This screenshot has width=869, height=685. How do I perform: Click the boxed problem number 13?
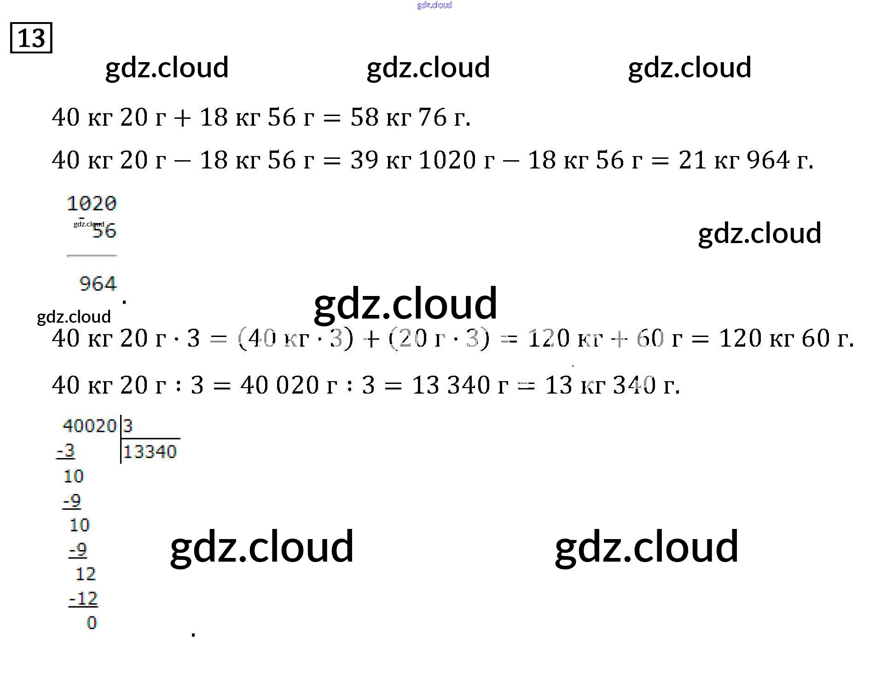point(31,38)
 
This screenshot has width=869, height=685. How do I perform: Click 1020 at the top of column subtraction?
point(92,203)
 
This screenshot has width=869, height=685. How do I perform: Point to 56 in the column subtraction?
point(104,231)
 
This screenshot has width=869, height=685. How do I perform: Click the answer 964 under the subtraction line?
point(98,284)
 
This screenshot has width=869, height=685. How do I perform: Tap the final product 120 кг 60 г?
point(785,338)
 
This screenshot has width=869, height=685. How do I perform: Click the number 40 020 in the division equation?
point(279,385)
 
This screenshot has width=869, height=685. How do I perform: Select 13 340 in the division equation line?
point(451,385)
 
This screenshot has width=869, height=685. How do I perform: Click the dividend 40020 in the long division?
point(89,426)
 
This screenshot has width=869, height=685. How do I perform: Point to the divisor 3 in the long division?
point(128,426)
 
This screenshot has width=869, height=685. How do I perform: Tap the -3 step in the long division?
point(66,451)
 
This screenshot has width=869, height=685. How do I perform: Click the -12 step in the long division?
point(84,599)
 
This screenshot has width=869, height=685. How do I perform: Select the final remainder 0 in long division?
point(92,623)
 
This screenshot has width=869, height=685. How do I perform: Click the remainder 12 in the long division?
point(86,574)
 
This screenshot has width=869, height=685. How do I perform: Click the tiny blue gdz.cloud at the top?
point(434,5)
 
